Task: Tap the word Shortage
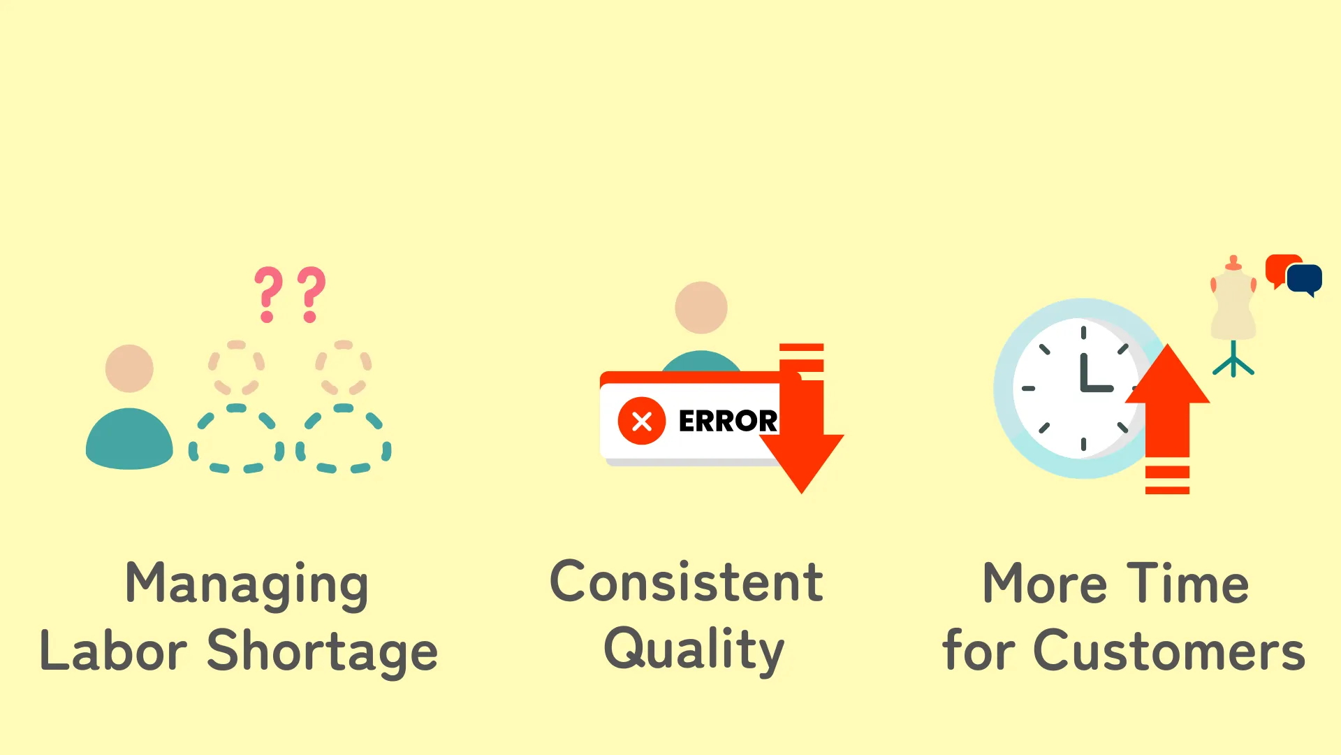click(322, 652)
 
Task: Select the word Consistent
click(687, 582)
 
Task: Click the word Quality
click(694, 651)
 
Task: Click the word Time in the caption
click(1188, 583)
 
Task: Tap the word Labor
click(113, 650)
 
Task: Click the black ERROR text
click(728, 421)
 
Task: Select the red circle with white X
click(641, 421)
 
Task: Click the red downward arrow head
click(802, 461)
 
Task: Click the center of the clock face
click(1083, 389)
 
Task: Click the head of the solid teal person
click(129, 368)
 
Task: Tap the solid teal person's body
click(129, 439)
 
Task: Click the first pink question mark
click(268, 294)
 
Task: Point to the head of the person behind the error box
click(701, 308)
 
